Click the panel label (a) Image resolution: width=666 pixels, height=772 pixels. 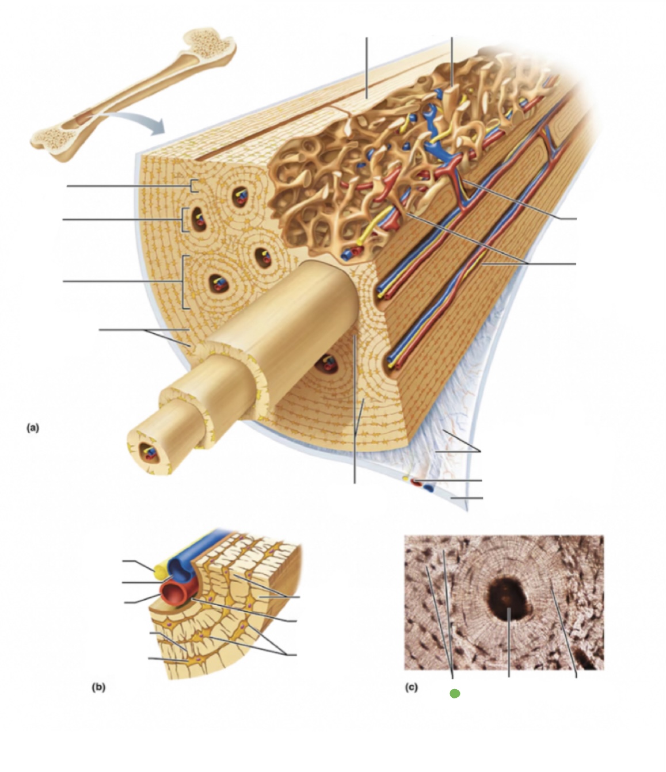coord(33,427)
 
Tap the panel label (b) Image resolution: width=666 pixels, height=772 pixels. coord(98,686)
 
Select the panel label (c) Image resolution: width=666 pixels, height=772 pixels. coord(410,687)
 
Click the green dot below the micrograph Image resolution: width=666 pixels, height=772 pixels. coord(455,694)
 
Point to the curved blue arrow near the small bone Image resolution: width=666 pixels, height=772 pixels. coord(138,121)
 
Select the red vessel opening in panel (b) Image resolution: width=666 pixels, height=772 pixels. coord(173,592)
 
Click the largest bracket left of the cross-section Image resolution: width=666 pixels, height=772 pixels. coord(184,282)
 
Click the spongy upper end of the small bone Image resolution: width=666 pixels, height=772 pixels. coord(214,43)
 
